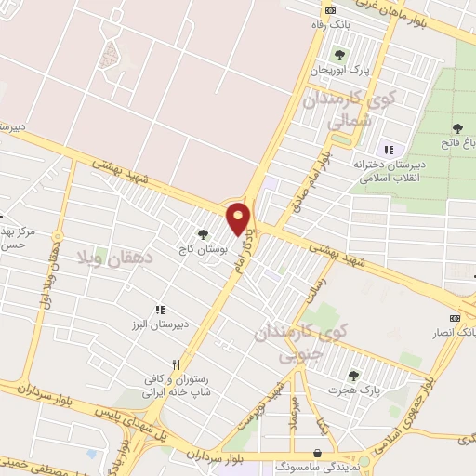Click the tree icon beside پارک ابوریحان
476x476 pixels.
[338, 55]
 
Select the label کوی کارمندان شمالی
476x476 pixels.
[364, 108]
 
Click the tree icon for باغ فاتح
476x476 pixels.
[456, 128]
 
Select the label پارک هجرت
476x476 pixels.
[353, 392]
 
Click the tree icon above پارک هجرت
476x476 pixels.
[353, 377]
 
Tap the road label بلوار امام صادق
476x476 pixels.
[316, 176]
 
